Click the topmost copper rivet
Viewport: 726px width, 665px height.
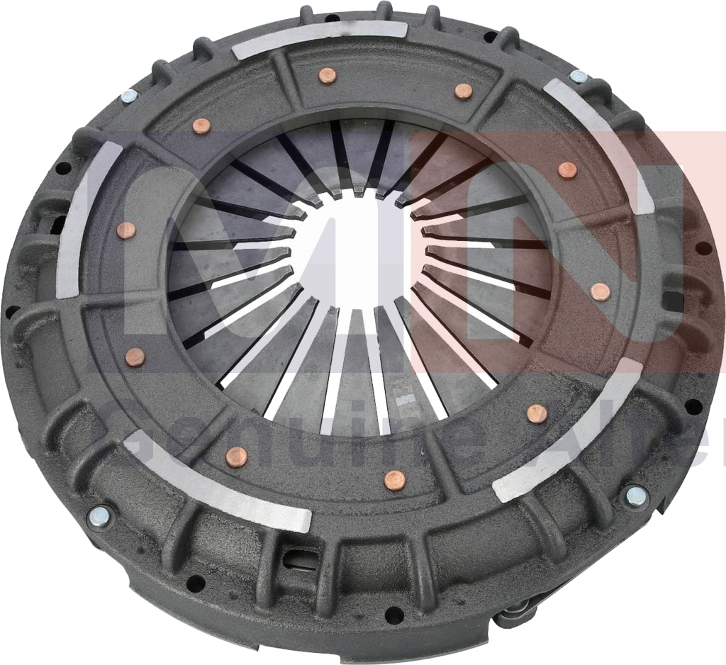(x=327, y=76)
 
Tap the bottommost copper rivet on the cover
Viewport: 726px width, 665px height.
(x=394, y=481)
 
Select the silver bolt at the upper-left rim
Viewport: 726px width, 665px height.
(x=130, y=96)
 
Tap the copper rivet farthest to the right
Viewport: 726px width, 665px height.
(x=600, y=291)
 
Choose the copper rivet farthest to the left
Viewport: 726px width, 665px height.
(x=126, y=230)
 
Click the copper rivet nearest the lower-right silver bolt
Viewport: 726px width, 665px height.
(x=537, y=413)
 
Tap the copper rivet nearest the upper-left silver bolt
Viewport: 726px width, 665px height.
(x=202, y=126)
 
